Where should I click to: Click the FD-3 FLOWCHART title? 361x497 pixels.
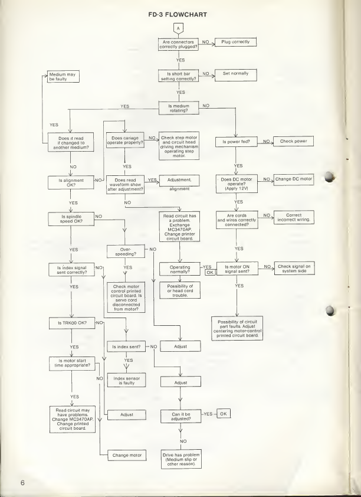coord(180,9)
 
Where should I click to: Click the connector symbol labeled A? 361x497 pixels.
coord(180,28)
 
